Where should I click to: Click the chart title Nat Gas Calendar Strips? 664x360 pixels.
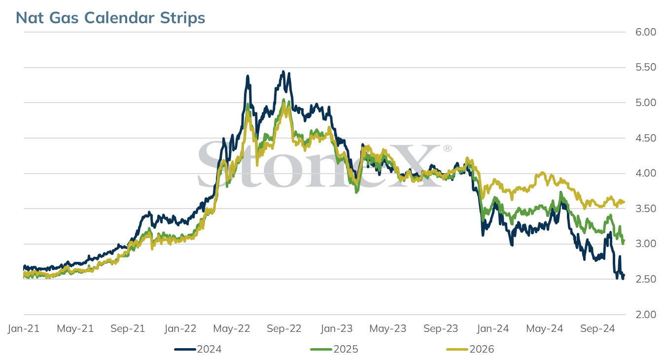(110, 18)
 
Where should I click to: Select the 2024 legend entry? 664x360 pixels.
(198, 349)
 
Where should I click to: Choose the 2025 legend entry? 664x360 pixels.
(334, 349)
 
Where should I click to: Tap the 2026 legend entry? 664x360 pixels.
(470, 349)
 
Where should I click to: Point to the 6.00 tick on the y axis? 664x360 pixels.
(646, 32)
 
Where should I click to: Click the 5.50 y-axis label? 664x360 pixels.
(646, 67)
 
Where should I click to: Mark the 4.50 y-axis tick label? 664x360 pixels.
(646, 138)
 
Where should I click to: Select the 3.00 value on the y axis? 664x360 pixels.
(646, 244)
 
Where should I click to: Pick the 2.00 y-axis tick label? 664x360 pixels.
(646, 315)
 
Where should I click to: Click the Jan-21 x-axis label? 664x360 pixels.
(24, 328)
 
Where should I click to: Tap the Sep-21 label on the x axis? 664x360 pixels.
(128, 328)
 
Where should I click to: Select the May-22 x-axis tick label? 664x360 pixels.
(232, 328)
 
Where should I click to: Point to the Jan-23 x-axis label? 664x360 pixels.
(337, 328)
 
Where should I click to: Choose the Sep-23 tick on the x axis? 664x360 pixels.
(441, 328)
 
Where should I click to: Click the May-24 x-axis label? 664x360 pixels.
(545, 328)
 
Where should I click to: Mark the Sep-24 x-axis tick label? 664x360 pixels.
(597, 328)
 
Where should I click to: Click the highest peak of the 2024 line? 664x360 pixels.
(283, 72)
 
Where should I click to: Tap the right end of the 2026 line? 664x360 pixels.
(624, 202)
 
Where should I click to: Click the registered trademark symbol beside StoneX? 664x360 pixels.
(448, 148)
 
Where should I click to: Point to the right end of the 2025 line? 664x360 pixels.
(624, 241)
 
